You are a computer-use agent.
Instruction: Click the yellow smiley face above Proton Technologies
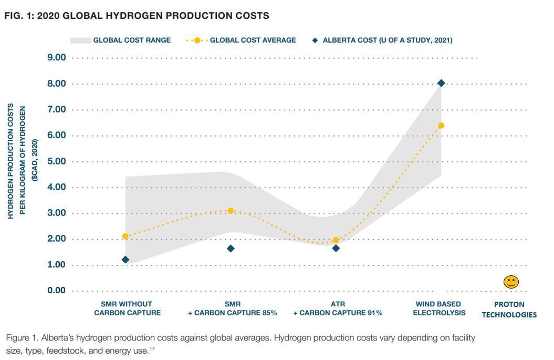tap(511, 282)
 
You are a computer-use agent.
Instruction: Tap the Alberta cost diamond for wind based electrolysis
tap(441, 83)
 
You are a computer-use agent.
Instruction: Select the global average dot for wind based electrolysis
tap(441, 126)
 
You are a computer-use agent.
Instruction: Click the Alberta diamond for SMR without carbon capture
tap(126, 260)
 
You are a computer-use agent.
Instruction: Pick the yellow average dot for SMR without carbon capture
tap(126, 236)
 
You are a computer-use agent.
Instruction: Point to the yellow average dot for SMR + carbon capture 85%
tap(231, 211)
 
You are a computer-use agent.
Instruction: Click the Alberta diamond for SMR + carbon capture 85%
tap(231, 249)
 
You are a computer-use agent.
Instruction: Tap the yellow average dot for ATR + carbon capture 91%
tap(336, 240)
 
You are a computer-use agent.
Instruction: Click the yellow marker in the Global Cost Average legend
tap(197, 40)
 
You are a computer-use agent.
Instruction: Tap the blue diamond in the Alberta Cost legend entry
tap(315, 40)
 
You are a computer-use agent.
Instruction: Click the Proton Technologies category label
tap(509, 310)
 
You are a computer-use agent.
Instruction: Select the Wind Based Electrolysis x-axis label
tap(438, 308)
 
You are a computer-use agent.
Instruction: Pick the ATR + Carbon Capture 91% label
tap(338, 308)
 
